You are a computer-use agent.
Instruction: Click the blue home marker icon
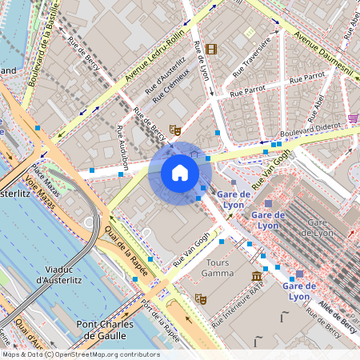click(x=180, y=173)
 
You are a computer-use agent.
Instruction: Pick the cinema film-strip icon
click(x=210, y=50)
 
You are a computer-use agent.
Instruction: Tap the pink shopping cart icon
click(x=353, y=118)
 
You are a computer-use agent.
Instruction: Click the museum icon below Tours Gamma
click(x=257, y=277)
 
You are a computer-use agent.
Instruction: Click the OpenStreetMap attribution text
click(x=80, y=354)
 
